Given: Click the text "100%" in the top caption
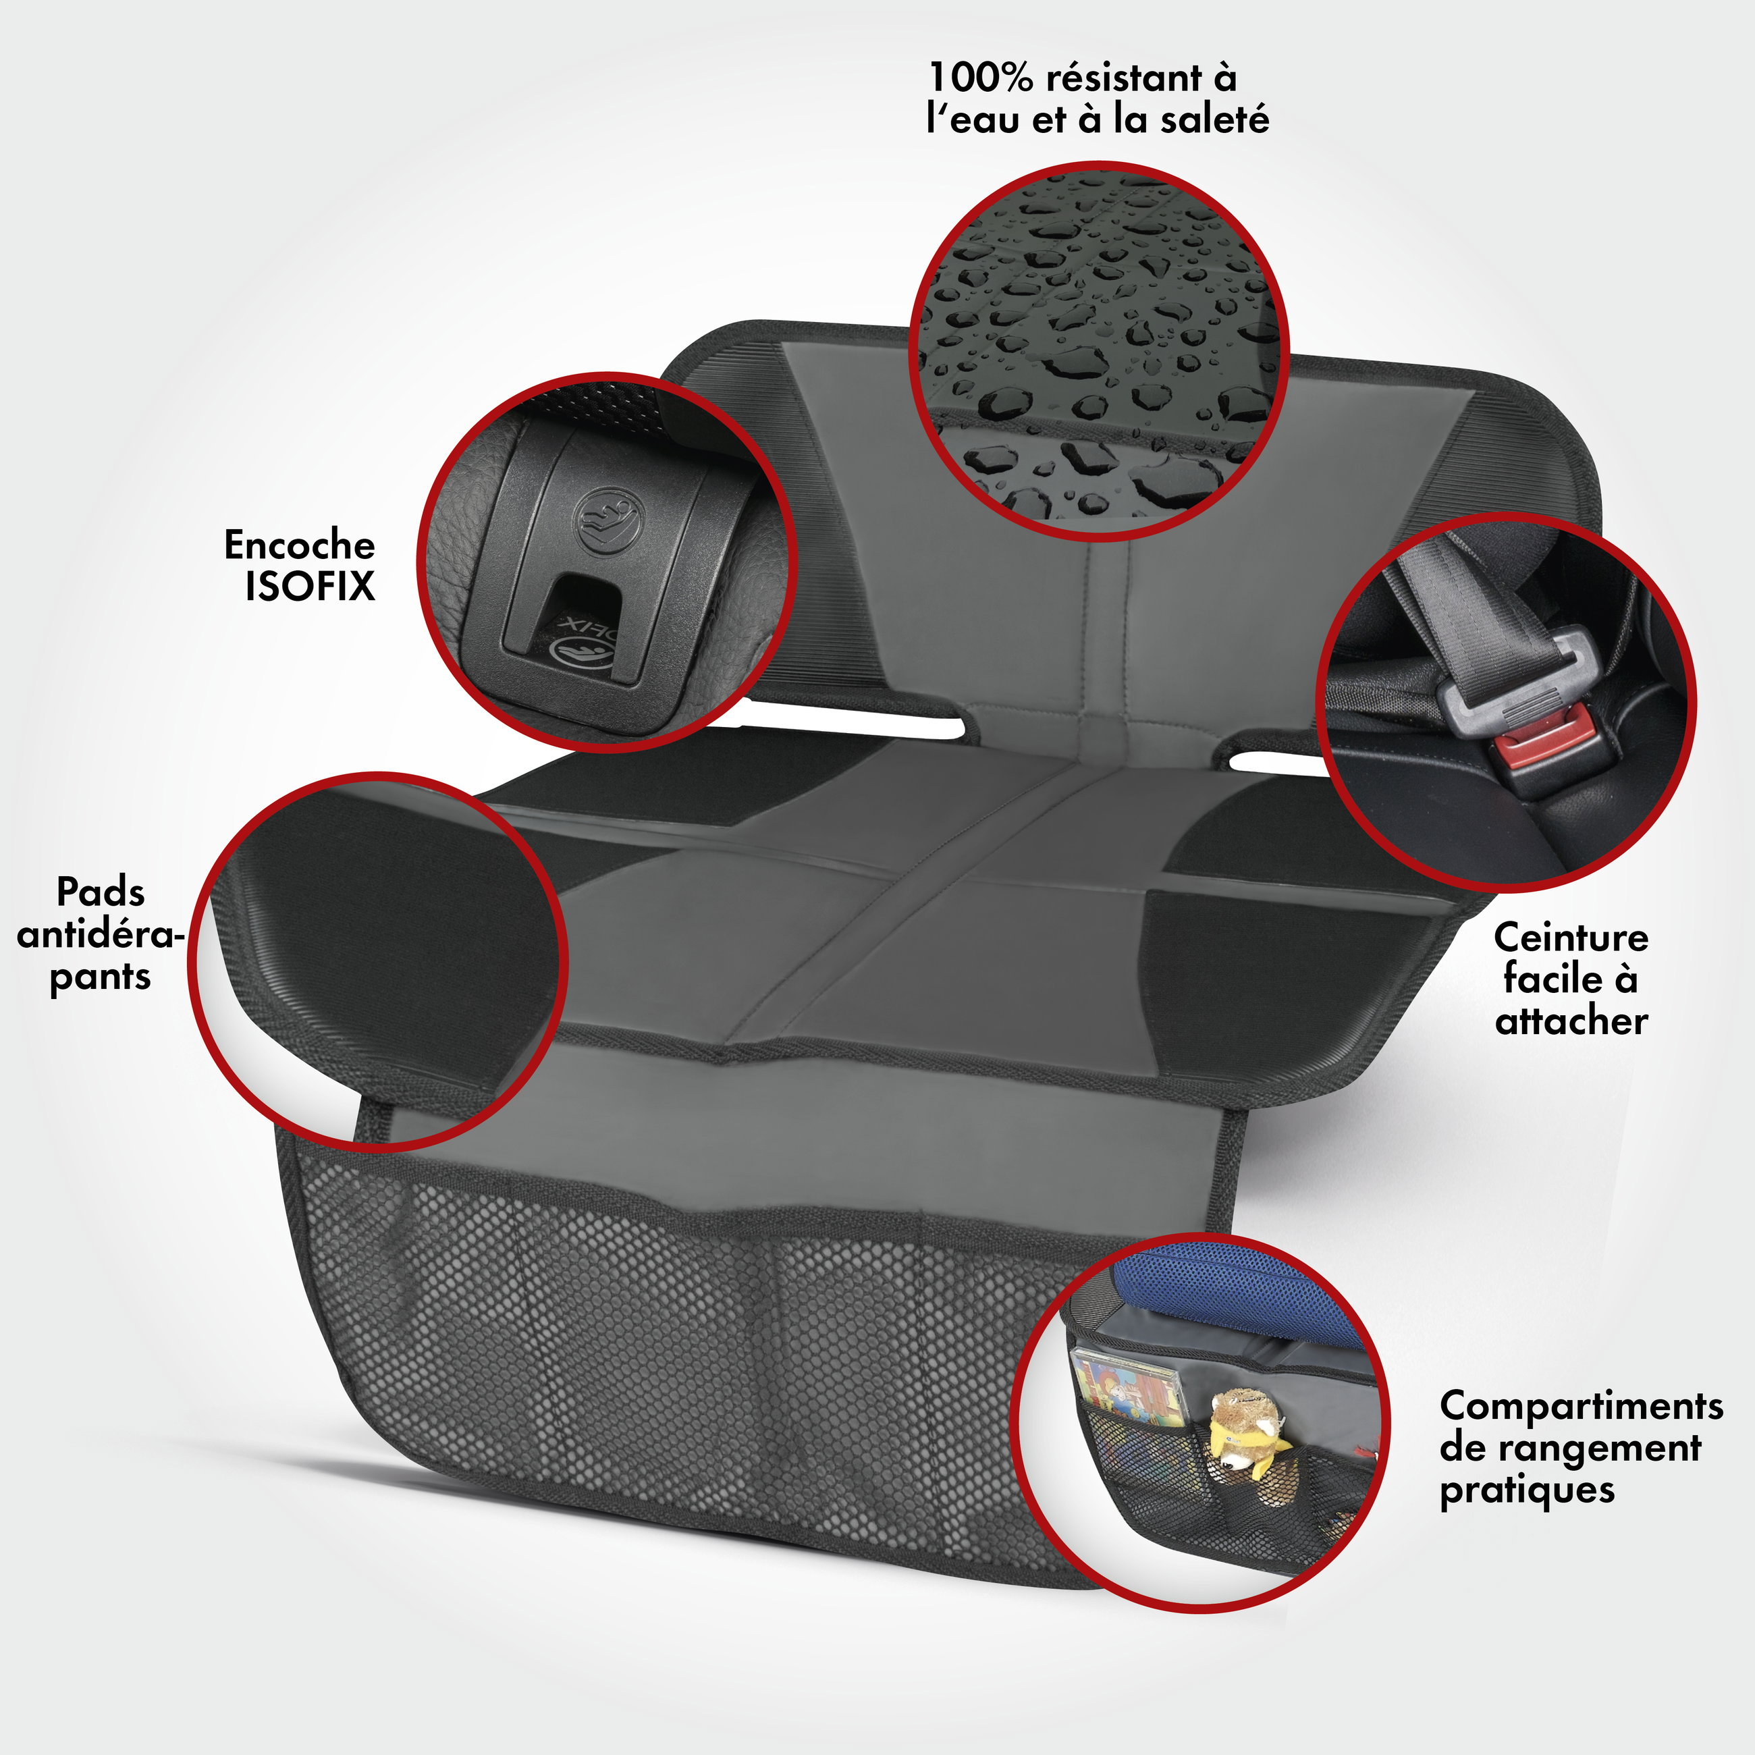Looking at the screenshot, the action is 981,78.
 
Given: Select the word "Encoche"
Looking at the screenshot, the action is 299,545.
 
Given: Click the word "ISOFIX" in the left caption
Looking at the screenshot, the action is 310,586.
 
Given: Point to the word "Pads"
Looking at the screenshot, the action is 101,892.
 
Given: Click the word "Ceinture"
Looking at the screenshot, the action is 1571,938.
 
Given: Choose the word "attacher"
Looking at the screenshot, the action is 1571,1021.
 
